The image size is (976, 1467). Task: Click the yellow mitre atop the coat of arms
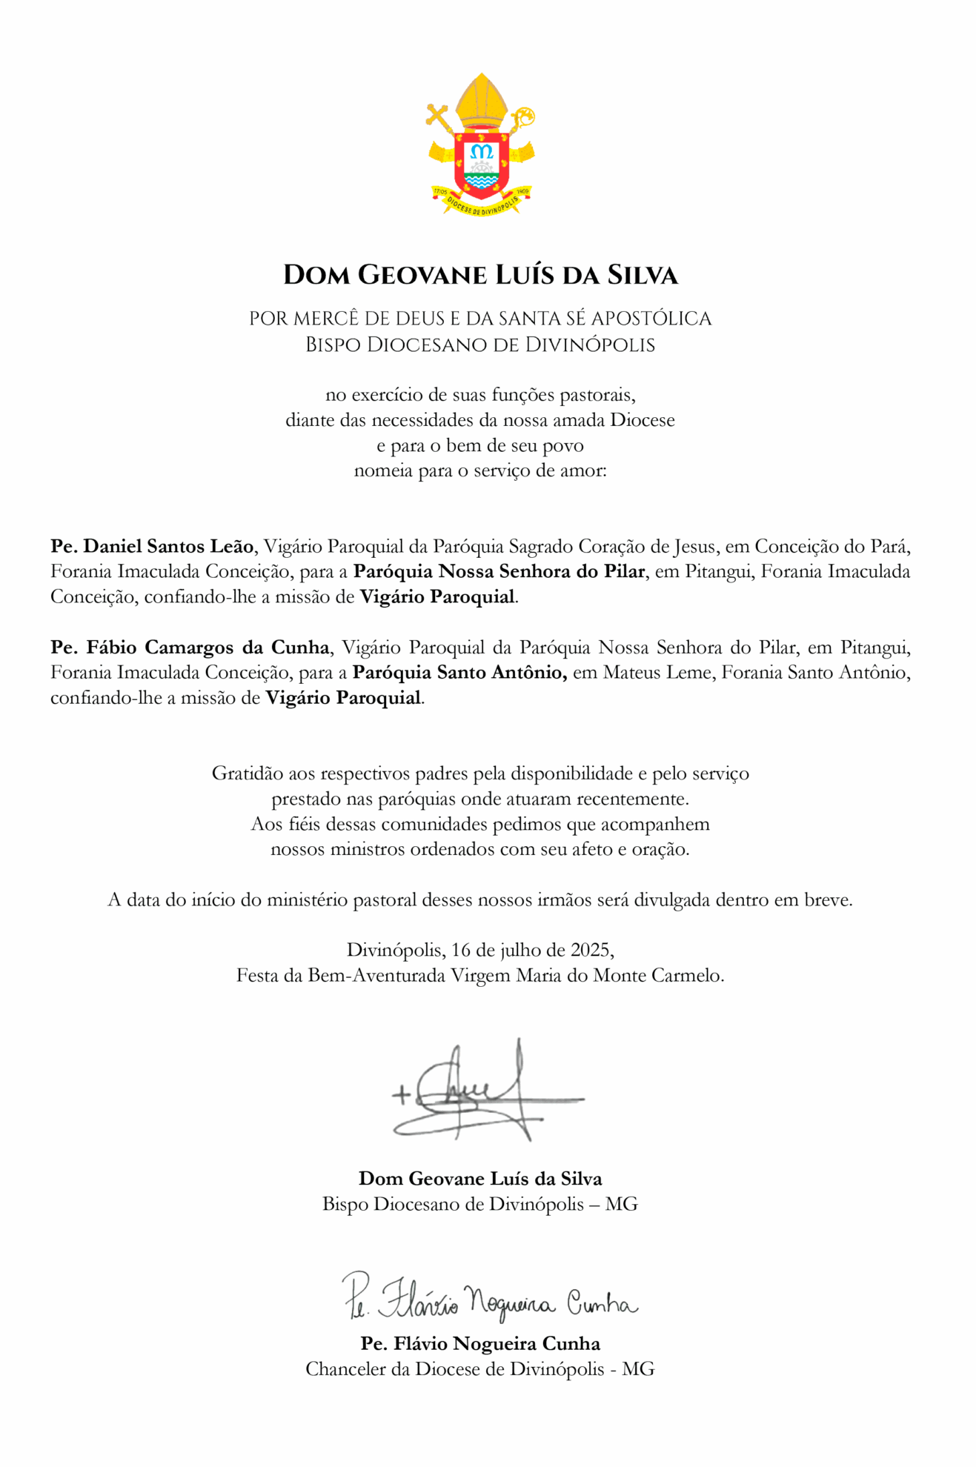[x=482, y=102]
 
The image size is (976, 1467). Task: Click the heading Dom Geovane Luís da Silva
[x=480, y=275]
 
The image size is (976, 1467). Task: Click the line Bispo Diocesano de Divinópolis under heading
[x=480, y=345]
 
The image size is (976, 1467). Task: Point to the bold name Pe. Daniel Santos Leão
[x=152, y=547]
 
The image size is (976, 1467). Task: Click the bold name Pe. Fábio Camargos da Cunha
[x=190, y=648]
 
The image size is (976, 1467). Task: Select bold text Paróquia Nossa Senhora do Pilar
[x=498, y=572]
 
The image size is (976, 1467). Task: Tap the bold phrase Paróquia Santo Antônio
[x=459, y=673]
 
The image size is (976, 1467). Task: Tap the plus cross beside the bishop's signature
[x=401, y=1094]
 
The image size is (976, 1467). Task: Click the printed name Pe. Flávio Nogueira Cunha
[x=480, y=1343]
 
